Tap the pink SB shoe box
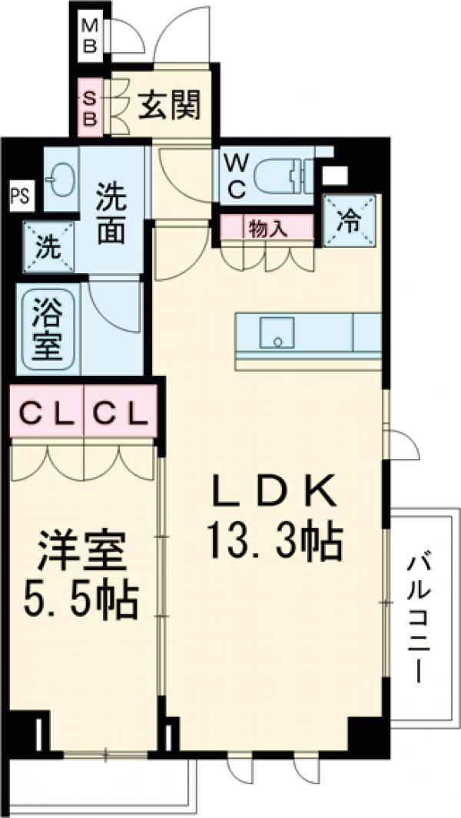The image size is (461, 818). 90,108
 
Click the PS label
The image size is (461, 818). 20,195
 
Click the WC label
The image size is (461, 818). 236,175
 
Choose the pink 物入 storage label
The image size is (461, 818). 267,227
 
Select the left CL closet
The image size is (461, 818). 46,414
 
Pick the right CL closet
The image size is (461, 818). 120,414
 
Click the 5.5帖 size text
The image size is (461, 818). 80,602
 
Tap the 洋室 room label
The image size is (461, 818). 80,552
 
